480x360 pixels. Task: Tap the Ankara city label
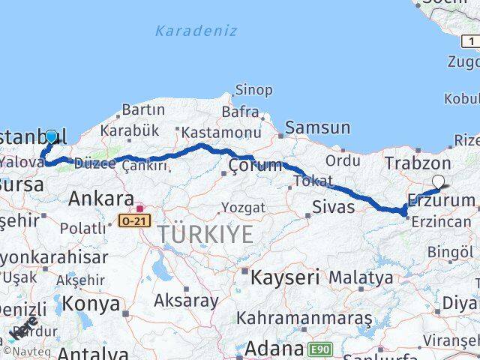(x=100, y=199)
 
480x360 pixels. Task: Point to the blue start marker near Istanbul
(x=51, y=136)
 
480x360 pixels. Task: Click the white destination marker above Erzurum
(x=439, y=180)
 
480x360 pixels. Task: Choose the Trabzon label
(x=418, y=163)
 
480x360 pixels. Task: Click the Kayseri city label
(x=285, y=276)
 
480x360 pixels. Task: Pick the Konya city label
(x=91, y=304)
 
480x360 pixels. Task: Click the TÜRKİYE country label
(x=205, y=234)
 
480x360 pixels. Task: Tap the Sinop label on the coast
(x=254, y=90)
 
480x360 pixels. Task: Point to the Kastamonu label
(x=214, y=132)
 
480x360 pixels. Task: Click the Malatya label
(x=361, y=277)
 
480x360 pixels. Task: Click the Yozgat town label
(x=240, y=207)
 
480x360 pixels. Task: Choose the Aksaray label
(x=186, y=301)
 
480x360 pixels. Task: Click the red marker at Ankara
(x=139, y=207)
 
